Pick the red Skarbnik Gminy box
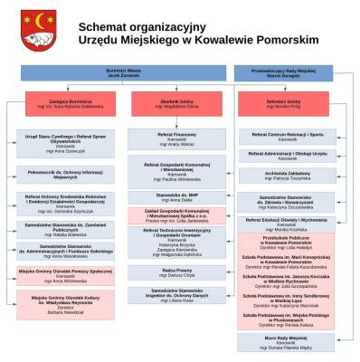pos(176,103)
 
